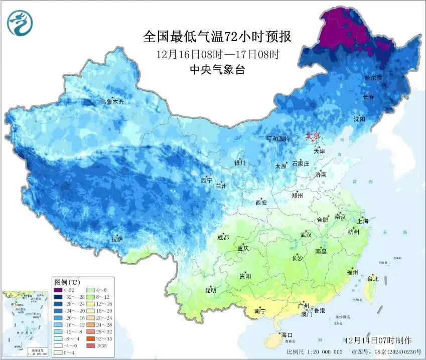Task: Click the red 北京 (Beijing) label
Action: coord(313,135)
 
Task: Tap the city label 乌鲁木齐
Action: coord(111,102)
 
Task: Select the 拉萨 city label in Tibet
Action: coord(117,239)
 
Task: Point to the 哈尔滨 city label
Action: coord(373,78)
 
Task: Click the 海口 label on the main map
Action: coord(287,334)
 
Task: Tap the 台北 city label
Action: coord(373,278)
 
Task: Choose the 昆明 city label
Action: coord(210,290)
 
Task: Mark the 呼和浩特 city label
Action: coord(277,139)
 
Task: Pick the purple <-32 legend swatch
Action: coord(59,290)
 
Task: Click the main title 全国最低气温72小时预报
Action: coord(217,37)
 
